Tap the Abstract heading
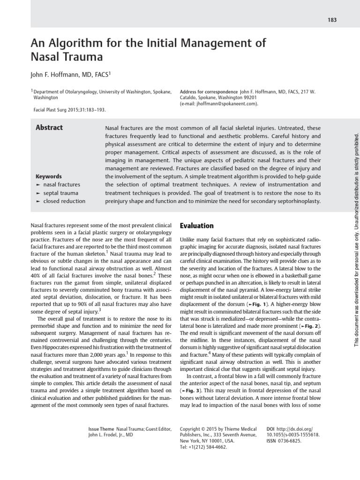49,127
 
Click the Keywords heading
48,176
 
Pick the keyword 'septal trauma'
60,193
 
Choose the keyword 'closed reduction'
64,201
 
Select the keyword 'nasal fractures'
61,185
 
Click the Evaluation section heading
196,225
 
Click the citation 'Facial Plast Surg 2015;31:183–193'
70,110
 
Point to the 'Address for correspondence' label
209,92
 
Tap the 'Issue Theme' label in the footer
101,429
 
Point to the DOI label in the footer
270,429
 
